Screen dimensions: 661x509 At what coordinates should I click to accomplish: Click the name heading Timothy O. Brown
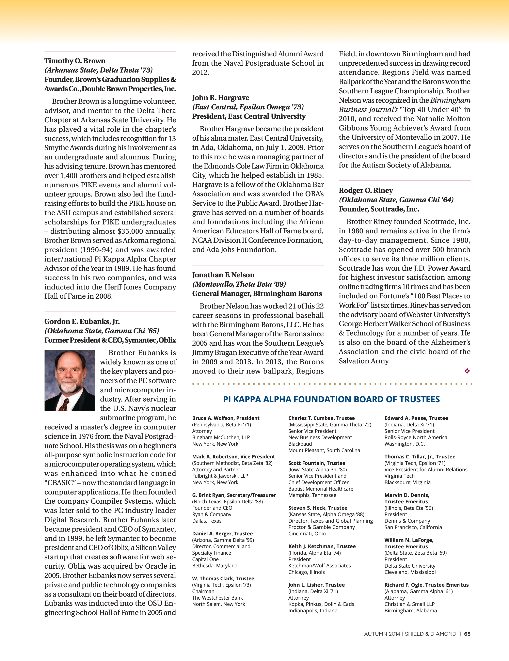point(75,61)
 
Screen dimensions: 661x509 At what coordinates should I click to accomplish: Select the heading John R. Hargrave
point(221,98)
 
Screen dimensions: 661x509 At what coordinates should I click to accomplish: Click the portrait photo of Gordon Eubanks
point(70,380)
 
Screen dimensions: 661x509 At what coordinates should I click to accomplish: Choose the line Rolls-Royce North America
point(415,437)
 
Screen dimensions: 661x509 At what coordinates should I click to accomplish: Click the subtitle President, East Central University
point(249,116)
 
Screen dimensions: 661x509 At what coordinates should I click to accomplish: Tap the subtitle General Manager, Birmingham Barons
point(257,294)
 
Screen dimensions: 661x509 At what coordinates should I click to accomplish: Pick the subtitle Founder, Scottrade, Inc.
point(379,209)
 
